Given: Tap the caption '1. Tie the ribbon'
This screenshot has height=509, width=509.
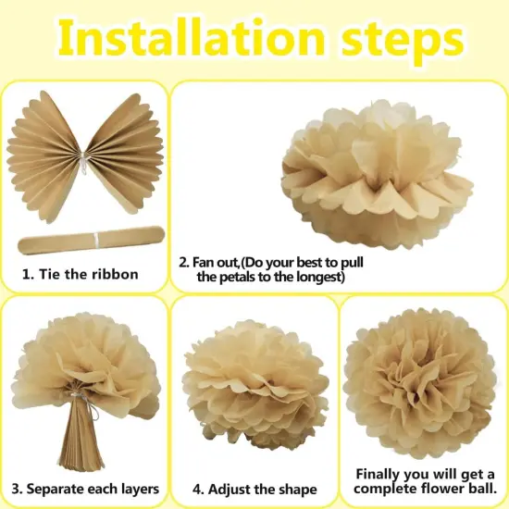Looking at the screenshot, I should coord(81,274).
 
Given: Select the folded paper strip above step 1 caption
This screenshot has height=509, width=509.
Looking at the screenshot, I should coord(89,244).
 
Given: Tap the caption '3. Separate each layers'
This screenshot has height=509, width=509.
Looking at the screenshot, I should coord(85,488).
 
